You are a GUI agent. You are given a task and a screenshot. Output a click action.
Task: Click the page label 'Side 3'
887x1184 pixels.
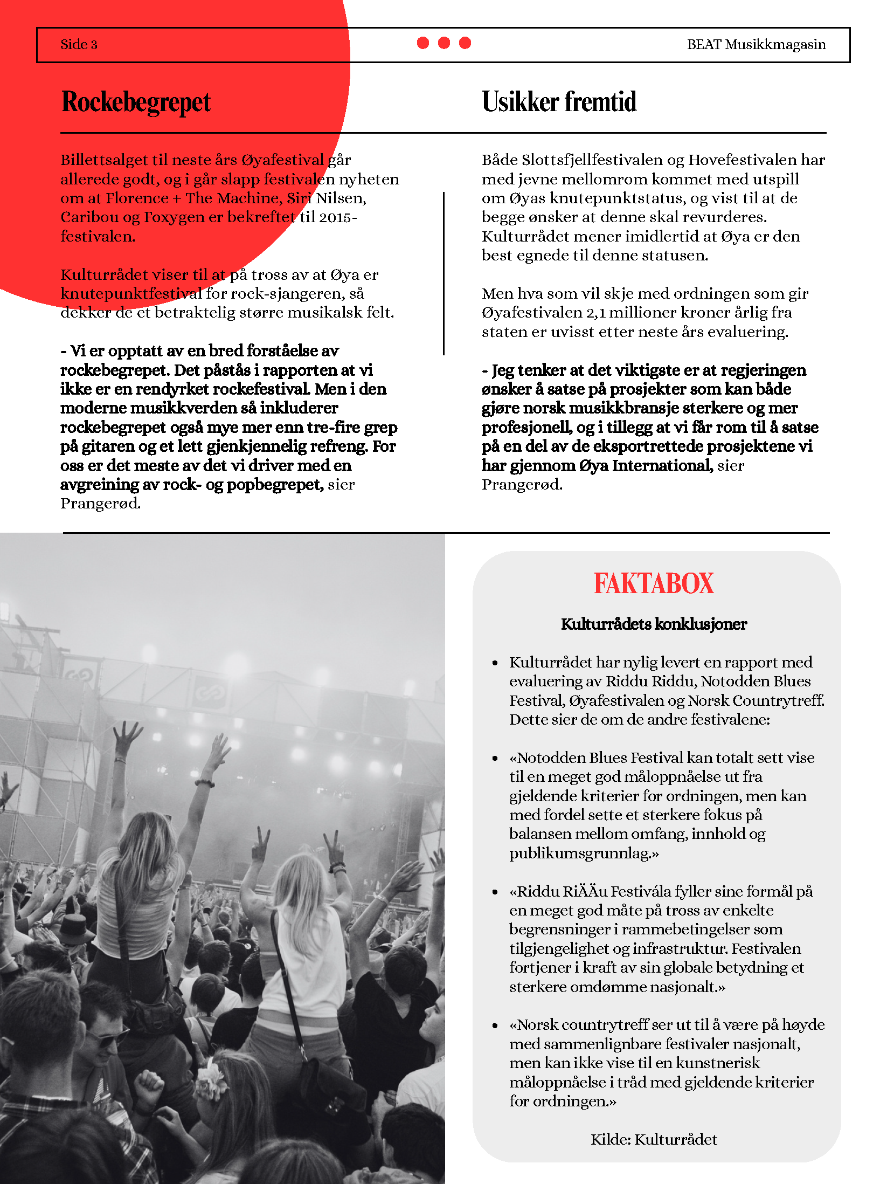coord(79,44)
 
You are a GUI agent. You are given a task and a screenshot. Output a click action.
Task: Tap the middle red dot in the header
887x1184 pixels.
coord(444,43)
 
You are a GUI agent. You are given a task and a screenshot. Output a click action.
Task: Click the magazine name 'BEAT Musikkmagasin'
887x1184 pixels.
coord(756,44)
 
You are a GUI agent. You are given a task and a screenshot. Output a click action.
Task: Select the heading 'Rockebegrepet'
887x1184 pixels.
coord(136,102)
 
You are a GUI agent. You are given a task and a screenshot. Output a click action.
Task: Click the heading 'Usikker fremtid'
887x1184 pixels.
coord(559,102)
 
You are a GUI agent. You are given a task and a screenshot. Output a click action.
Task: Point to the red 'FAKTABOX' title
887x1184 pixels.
coord(653,584)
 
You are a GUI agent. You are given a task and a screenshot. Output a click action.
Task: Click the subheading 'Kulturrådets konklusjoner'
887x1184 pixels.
coord(653,624)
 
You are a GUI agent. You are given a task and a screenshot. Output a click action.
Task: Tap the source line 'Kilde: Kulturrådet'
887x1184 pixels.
coord(653,1139)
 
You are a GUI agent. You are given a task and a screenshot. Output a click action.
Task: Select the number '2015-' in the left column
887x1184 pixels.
coord(338,217)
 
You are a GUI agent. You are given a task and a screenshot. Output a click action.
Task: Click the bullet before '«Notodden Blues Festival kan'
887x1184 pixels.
coord(495,759)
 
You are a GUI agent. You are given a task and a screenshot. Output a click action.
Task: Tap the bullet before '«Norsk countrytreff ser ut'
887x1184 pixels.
coord(495,1025)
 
